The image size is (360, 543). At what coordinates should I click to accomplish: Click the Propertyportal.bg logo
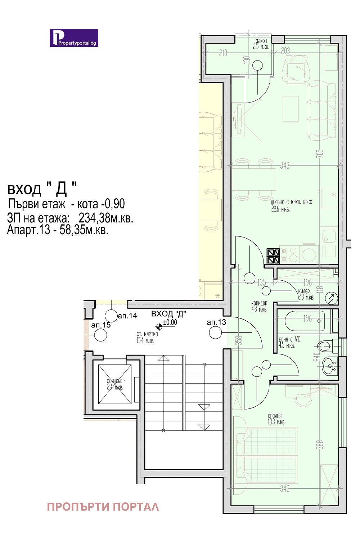pos(74,38)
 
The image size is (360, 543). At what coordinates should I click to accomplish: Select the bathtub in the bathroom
pos(305,321)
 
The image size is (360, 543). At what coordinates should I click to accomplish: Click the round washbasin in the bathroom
pos(329,366)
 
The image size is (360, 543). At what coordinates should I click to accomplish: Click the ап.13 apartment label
pos(216,322)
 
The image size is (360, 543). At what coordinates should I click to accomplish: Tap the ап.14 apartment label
pos(127,316)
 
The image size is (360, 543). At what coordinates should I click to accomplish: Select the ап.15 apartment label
pos(101,325)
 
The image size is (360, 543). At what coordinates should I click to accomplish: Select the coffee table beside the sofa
pos(291,109)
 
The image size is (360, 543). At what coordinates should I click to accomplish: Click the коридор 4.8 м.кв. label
pos(259,306)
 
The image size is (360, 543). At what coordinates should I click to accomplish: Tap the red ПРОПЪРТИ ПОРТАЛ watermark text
pos(103,507)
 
